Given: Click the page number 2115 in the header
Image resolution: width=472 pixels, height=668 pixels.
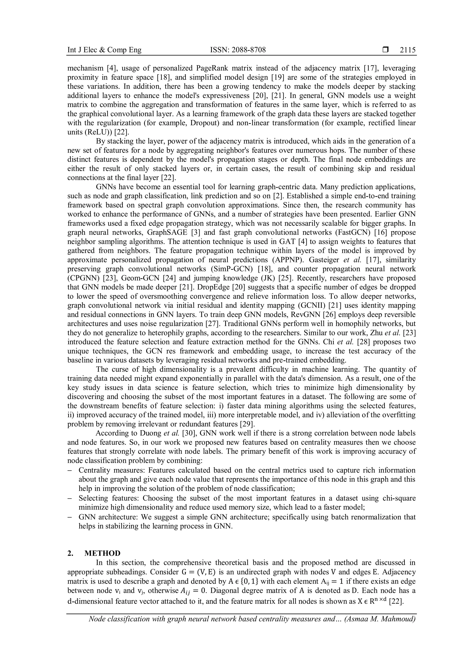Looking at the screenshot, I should click(x=407, y=50).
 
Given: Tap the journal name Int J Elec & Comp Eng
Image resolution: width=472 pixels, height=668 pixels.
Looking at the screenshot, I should click(x=104, y=50).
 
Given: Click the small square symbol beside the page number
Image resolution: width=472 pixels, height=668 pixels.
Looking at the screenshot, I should click(x=386, y=50).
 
